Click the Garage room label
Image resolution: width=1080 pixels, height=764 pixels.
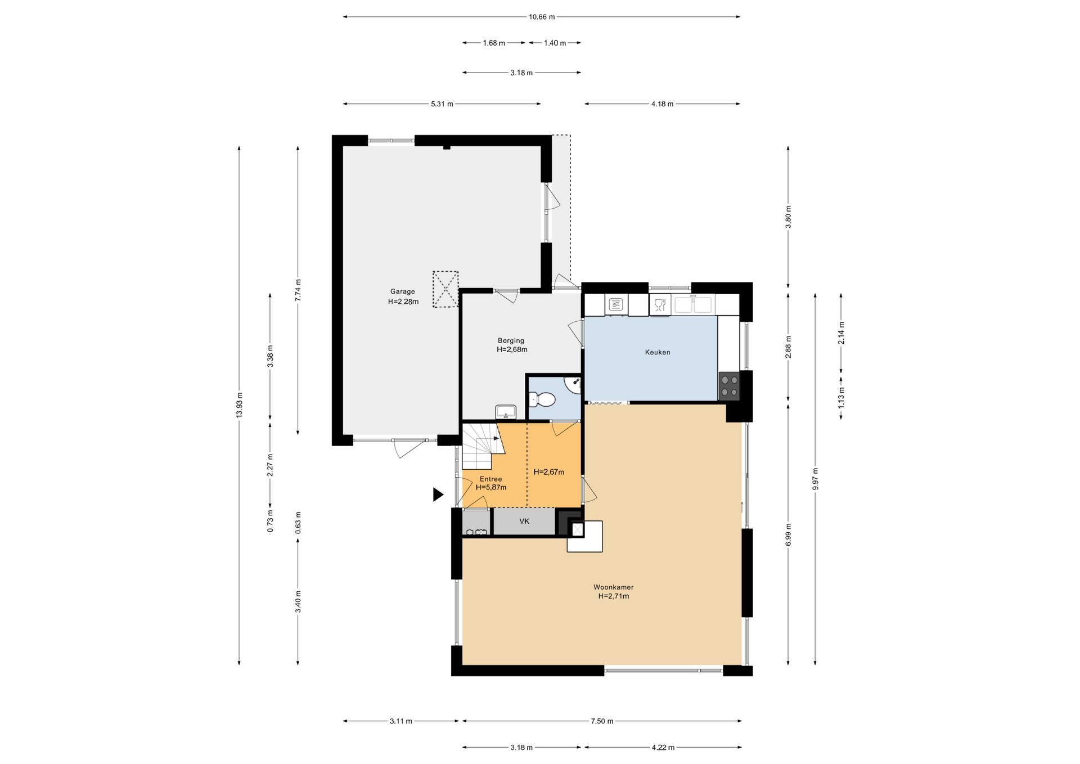coord(403,291)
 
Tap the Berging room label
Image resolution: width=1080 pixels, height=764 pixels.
coord(511,340)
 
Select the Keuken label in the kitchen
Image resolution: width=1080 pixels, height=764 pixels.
coord(658,352)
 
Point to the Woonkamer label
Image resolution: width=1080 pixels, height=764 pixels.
coord(614,587)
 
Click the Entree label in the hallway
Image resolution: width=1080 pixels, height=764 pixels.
coord(490,479)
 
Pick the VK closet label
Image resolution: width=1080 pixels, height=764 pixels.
coord(524,522)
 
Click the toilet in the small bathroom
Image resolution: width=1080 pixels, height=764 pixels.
coord(543,400)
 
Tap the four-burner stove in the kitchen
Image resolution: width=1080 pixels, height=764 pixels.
coord(730,387)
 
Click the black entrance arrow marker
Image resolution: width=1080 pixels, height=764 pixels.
coord(438,495)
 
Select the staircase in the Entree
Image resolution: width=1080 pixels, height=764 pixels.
coord(481,446)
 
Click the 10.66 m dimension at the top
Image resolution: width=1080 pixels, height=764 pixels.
coord(542,17)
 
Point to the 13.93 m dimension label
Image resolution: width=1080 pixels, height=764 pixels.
coord(240,405)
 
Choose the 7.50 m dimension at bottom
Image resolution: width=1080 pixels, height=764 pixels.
coord(602,721)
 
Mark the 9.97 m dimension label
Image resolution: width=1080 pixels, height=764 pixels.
coord(815,479)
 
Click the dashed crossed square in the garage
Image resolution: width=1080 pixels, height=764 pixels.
coord(445,289)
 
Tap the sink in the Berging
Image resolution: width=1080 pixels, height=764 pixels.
coord(506,412)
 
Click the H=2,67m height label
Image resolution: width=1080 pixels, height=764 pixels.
coord(549,472)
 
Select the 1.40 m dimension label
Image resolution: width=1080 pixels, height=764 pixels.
coord(555,43)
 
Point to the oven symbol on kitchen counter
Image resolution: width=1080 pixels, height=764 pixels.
coord(616,305)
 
